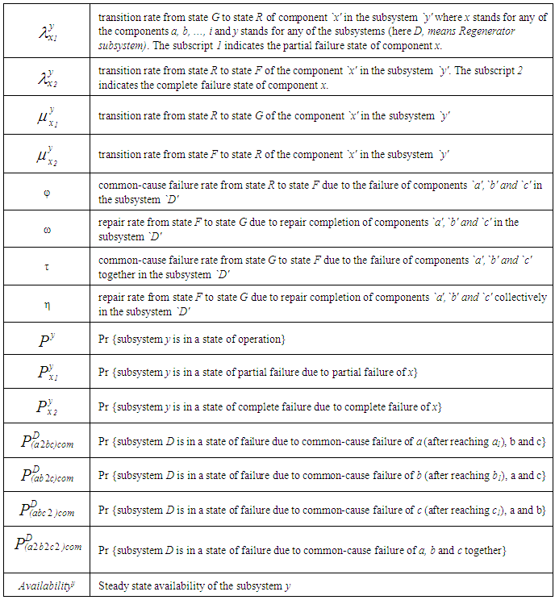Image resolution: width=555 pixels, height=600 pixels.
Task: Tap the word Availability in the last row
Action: pos(44,584)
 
